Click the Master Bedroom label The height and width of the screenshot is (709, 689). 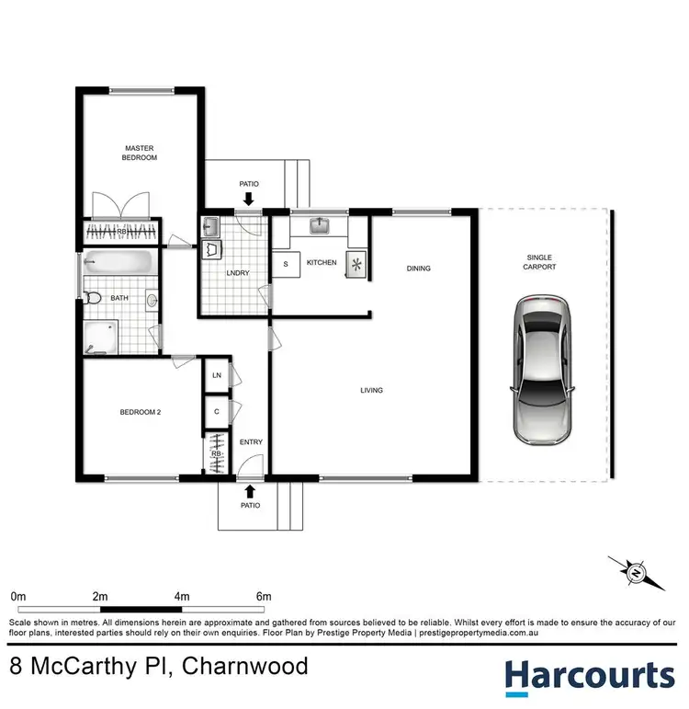[x=141, y=152]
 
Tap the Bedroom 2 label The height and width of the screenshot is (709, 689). [x=141, y=412]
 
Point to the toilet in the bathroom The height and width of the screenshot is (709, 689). [x=92, y=297]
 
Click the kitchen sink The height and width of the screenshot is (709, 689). [x=321, y=225]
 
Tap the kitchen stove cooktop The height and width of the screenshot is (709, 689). [x=355, y=263]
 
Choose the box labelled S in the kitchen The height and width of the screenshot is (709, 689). [x=286, y=264]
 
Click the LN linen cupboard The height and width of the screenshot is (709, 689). [x=217, y=375]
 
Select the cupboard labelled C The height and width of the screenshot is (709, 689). [x=217, y=411]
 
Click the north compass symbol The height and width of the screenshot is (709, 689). [x=636, y=573]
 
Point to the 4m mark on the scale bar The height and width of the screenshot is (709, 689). [x=182, y=597]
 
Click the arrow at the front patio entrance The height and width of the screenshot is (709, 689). [x=250, y=490]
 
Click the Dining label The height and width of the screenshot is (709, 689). [x=419, y=269]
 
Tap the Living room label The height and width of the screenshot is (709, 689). [x=371, y=391]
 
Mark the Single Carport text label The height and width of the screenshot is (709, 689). [x=542, y=261]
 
